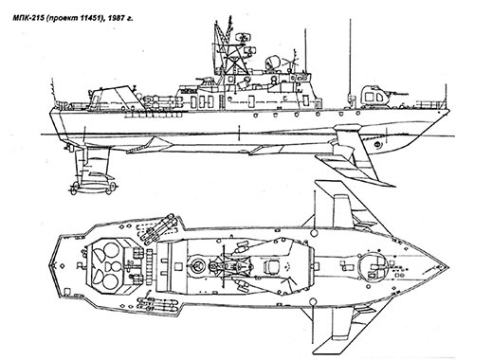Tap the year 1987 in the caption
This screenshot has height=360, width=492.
point(116,19)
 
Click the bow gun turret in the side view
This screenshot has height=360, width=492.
point(374,95)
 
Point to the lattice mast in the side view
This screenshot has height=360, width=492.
point(228,49)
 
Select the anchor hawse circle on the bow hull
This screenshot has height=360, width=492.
point(377,144)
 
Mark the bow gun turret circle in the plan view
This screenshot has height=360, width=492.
point(374,266)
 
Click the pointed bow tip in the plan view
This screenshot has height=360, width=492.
point(447,266)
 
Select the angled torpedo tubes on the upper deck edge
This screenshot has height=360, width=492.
point(159,228)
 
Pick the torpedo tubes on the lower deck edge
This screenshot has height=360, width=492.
point(156,305)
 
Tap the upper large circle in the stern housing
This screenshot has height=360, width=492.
point(109,250)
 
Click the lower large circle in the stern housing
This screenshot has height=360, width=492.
point(109,282)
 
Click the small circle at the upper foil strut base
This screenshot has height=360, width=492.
point(314,233)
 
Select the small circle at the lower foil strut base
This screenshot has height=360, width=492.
point(313,301)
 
